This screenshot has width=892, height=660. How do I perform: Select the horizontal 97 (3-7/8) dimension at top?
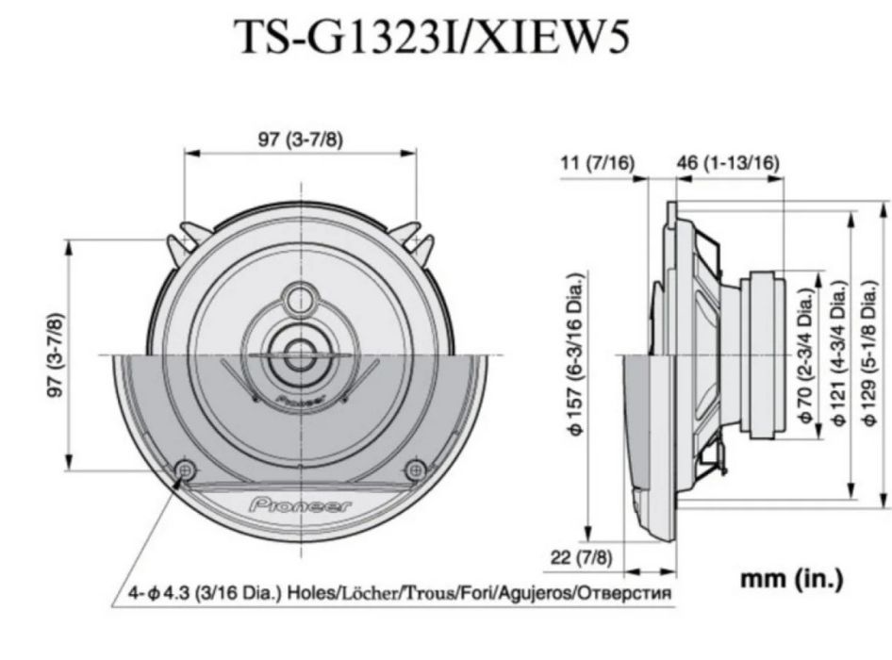click(301, 140)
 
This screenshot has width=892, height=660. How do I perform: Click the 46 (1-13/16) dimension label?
click(728, 162)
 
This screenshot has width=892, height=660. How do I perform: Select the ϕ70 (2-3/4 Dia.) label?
click(805, 353)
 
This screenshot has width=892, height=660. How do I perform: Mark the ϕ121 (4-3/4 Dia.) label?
click(839, 353)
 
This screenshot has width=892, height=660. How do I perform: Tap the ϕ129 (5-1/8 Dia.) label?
click(872, 353)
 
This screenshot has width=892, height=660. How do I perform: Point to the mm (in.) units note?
click(791, 579)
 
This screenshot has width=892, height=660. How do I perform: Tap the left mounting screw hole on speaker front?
click(186, 469)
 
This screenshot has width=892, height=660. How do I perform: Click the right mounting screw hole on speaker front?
click(415, 469)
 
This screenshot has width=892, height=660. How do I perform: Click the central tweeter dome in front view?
click(301, 354)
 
